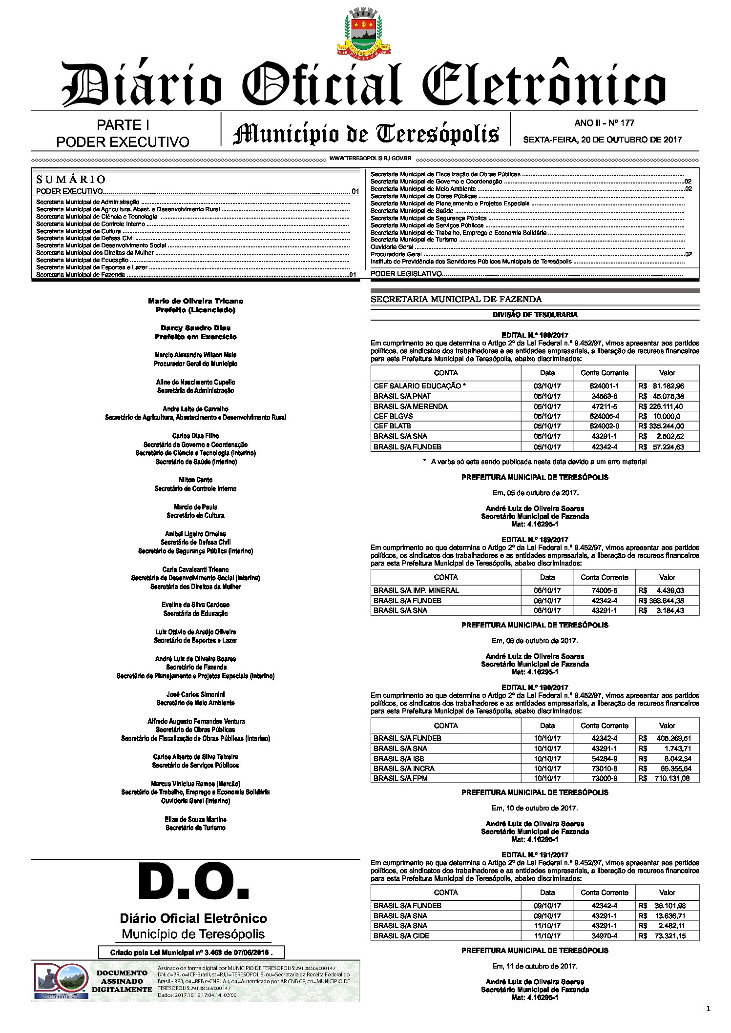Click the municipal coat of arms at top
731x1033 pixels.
coord(363,31)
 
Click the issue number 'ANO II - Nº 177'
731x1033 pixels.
coord(604,123)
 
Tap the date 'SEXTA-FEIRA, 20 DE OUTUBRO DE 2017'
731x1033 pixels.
coord(602,140)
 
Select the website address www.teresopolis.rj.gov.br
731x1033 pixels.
coord(370,159)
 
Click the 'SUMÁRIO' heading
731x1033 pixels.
coord(70,179)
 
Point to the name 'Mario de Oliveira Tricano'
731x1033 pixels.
coord(195,301)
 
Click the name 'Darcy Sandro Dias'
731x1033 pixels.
coord(195,328)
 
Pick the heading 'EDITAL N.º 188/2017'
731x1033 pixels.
coord(535,335)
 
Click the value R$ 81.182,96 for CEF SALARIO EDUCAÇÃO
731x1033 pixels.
coord(667,386)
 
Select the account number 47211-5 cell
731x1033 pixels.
coord(604,406)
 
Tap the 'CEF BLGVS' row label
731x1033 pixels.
coord(393,416)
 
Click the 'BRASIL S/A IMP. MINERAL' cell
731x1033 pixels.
coord(416,590)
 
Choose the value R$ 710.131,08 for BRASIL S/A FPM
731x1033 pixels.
coord(667,778)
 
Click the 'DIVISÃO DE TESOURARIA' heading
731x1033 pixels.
coord(535,315)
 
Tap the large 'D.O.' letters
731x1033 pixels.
coord(194,882)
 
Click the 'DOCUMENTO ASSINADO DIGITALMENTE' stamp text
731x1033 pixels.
coord(122,981)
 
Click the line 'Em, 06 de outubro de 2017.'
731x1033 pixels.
coord(535,641)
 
